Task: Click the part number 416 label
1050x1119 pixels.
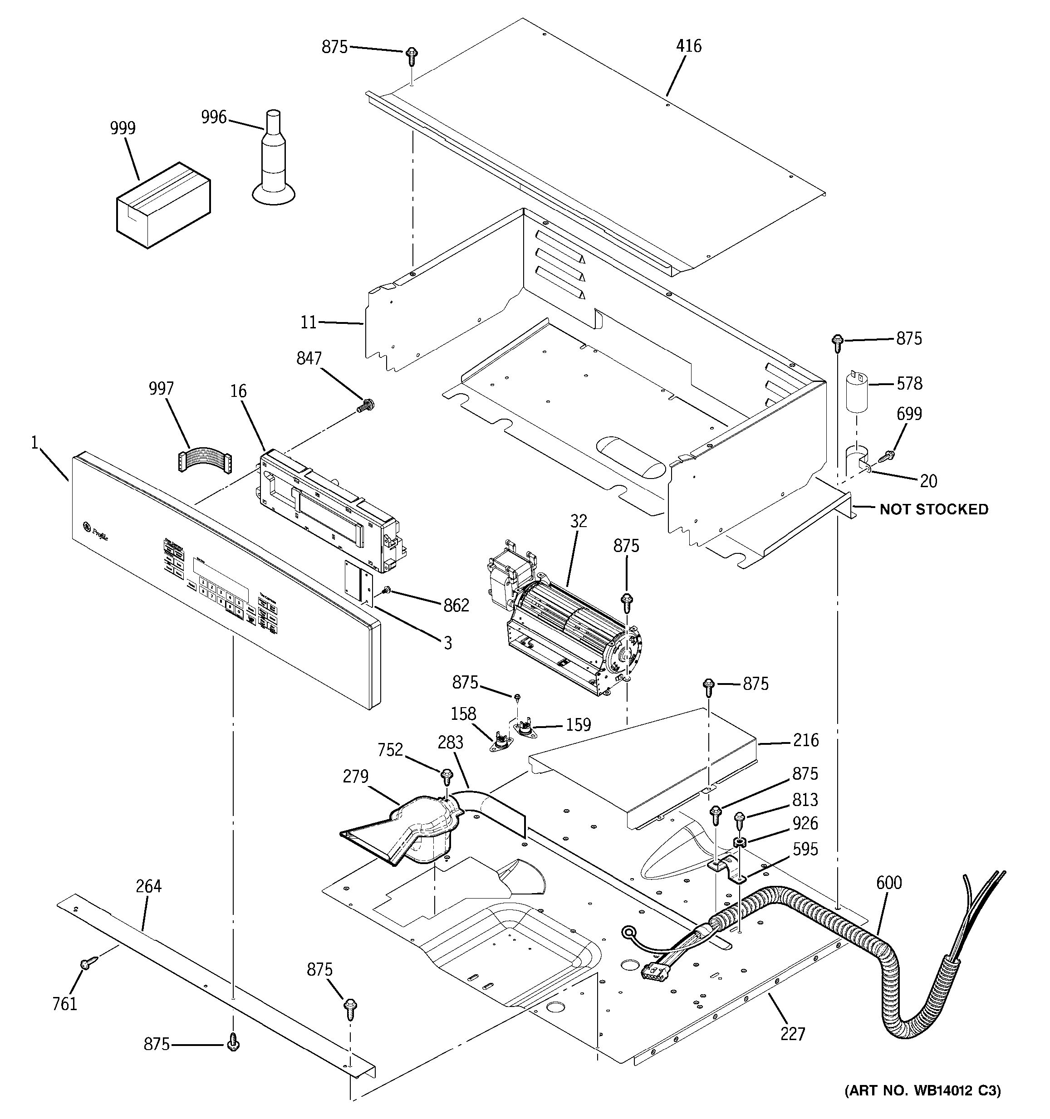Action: [x=688, y=46]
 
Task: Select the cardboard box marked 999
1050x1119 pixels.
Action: [x=163, y=205]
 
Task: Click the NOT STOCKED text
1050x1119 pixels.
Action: [x=933, y=509]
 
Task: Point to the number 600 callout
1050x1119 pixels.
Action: [x=889, y=883]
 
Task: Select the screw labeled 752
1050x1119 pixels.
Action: [x=447, y=777]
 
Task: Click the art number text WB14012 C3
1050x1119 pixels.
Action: [x=922, y=1106]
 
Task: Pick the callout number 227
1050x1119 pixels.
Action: [x=793, y=1033]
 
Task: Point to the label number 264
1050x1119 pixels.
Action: [x=149, y=886]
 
